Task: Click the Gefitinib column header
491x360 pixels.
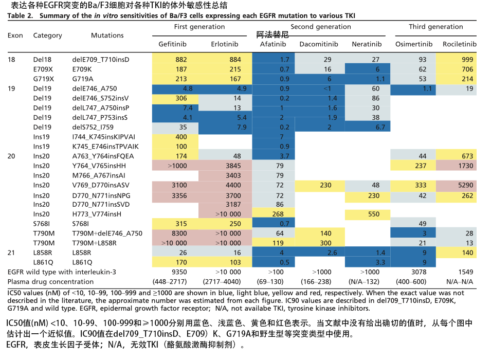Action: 174,45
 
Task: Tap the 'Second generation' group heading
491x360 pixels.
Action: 321,27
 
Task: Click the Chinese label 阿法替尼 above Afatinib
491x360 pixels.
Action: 272,35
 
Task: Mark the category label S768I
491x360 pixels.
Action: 42,224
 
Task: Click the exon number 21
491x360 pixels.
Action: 12,253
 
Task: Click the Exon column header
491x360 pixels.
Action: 15,35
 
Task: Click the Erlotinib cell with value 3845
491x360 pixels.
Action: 231,166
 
